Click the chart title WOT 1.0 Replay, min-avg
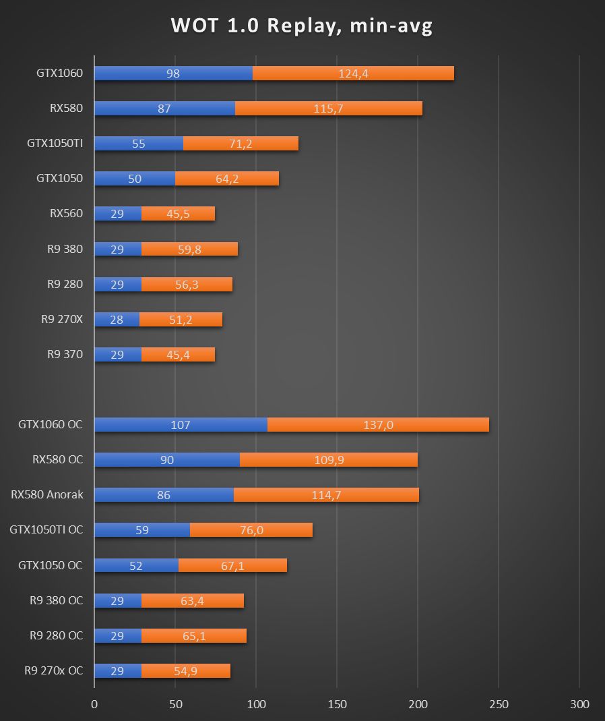coord(302,26)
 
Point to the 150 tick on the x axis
coord(337,704)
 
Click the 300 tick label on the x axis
coord(579,704)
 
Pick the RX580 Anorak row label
coord(47,494)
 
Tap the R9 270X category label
coord(62,319)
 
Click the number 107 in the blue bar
coord(181,425)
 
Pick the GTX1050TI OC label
coord(46,529)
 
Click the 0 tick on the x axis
coord(94,704)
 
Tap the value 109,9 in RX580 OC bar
coord(329,460)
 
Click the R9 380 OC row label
coord(57,600)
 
